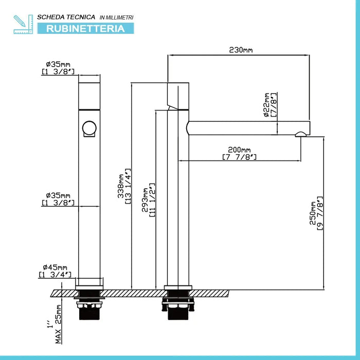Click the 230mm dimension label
(x=241, y=50)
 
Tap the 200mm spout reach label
(x=239, y=150)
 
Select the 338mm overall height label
(x=121, y=186)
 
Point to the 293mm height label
(x=145, y=200)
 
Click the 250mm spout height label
(x=313, y=213)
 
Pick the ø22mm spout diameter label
(x=266, y=105)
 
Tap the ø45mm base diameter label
(x=55, y=267)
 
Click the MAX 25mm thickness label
(x=59, y=324)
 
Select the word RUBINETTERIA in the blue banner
(x=85, y=29)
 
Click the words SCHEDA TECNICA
(x=66, y=17)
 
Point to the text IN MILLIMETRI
(x=116, y=17)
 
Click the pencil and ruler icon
(x=23, y=24)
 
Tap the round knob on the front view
(x=89, y=129)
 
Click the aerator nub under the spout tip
(x=301, y=134)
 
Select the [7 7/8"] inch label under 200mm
(x=239, y=157)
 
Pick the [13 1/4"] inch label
(x=128, y=186)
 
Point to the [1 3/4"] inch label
(x=55, y=274)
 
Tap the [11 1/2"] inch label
(x=152, y=200)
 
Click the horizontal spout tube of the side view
(x=248, y=128)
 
